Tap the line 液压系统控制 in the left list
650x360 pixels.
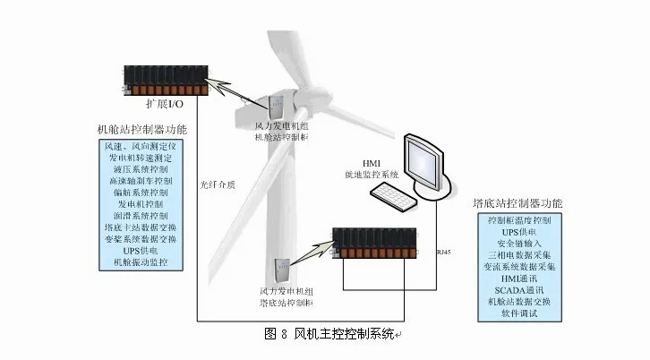coord(140,168)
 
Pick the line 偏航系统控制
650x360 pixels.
coord(140,193)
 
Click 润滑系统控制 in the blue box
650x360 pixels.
coord(140,216)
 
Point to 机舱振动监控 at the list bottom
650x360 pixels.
coord(140,263)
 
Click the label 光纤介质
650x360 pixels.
coord(218,186)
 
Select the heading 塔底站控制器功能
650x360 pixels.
coord(517,202)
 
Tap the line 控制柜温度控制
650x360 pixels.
coord(519,219)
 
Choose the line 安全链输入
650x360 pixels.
coord(519,243)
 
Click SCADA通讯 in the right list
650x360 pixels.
coord(519,289)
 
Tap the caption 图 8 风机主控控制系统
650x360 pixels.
coord(328,334)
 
